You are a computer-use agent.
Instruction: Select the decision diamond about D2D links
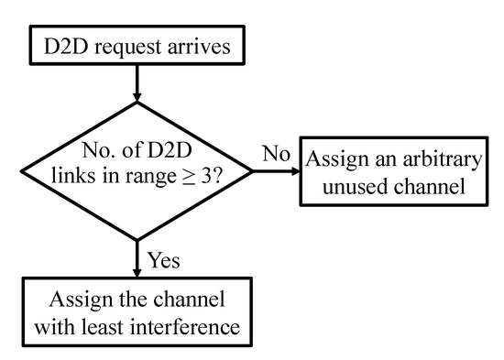(137, 169)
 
